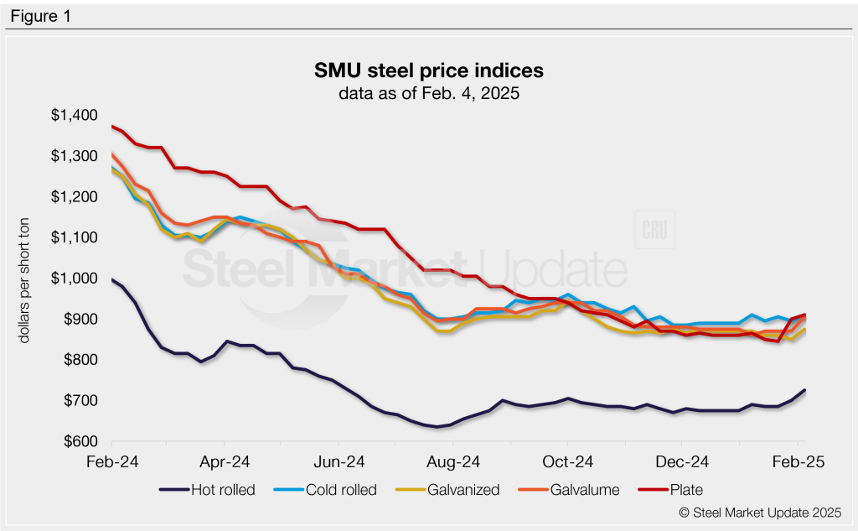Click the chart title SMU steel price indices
pos(428,70)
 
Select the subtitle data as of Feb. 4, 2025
pos(428,93)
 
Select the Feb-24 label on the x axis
pos(111,462)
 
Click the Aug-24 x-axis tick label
pos(453,462)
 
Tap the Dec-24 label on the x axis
pos(681,462)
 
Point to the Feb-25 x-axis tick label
pos(797,462)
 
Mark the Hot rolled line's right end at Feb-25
pos(805,390)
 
